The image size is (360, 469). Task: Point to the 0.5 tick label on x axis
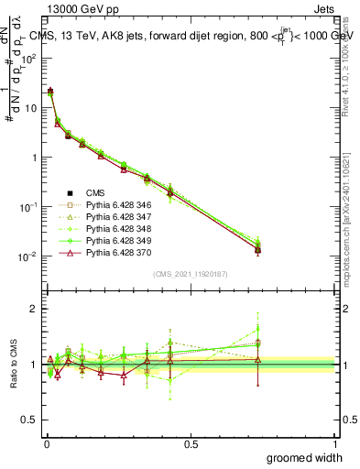(191, 443)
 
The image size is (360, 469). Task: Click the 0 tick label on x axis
(46, 443)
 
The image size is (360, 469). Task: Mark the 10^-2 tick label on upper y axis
(28, 256)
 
